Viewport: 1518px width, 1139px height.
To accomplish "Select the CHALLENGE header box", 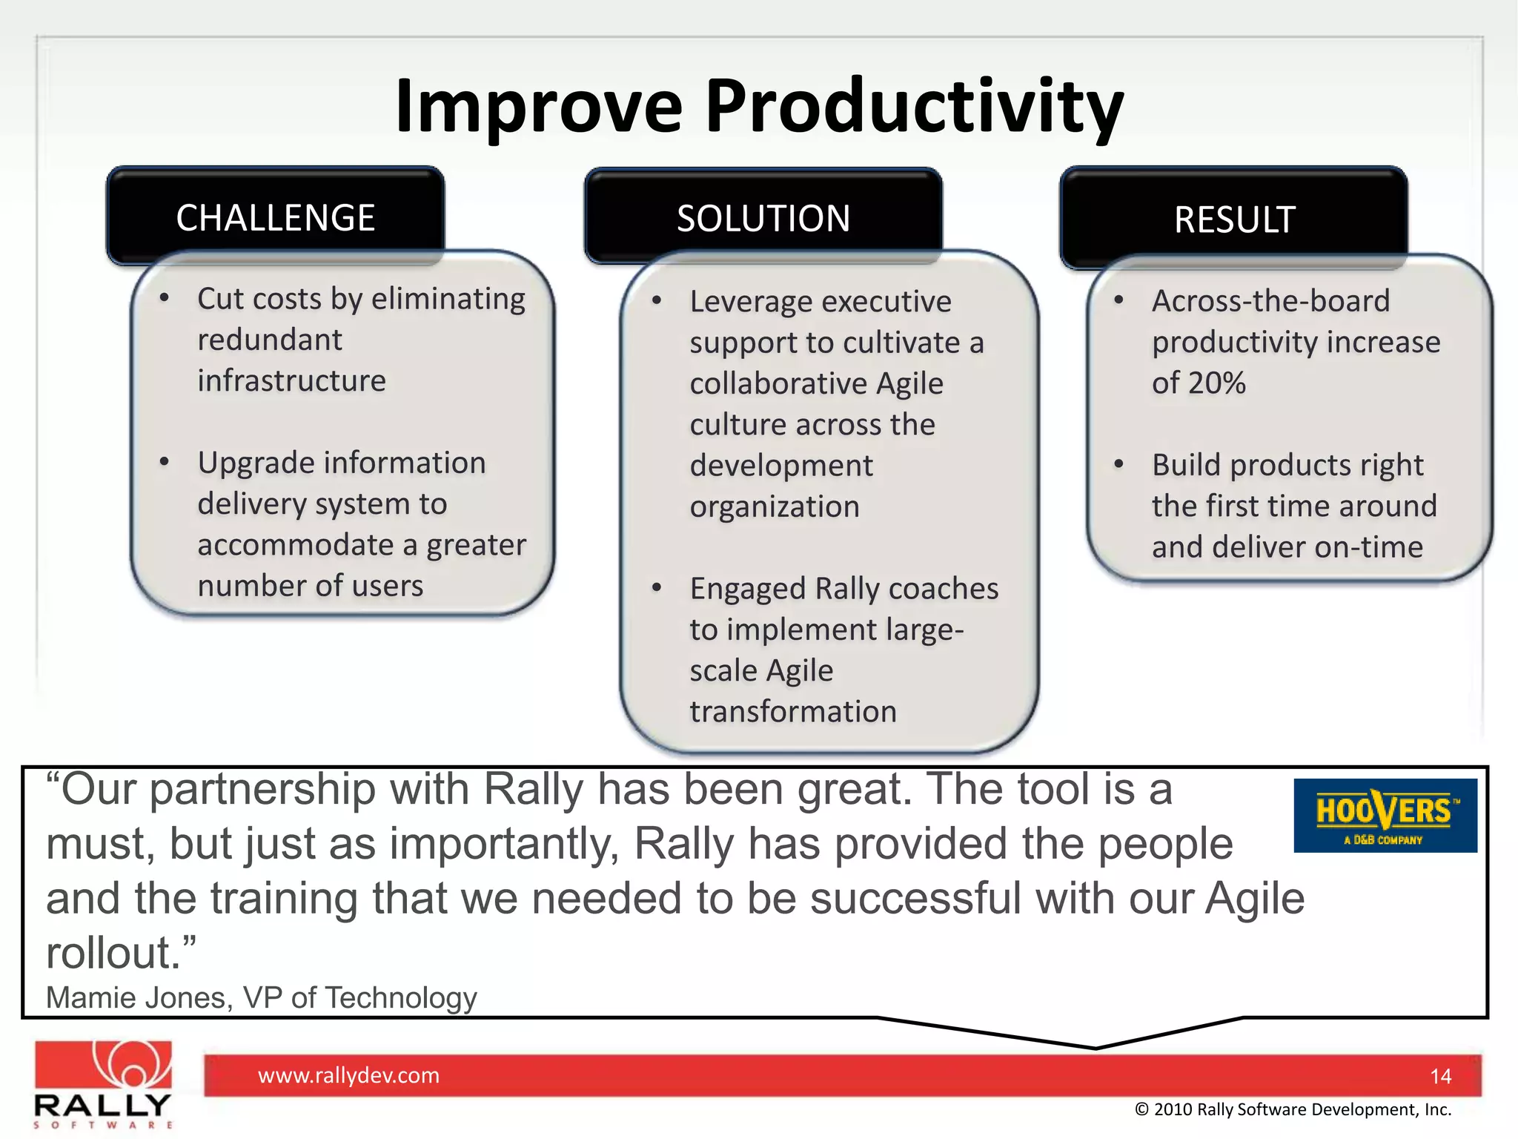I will [275, 217].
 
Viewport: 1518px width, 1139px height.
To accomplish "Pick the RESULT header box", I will [1234, 219].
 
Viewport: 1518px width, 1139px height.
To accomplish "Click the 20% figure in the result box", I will [1217, 383].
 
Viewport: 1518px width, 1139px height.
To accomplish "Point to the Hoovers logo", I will [1385, 815].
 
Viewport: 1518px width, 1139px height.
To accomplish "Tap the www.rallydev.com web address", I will [348, 1075].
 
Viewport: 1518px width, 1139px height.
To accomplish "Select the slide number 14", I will [1440, 1076].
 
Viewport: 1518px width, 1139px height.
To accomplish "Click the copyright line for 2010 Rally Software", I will [1293, 1109].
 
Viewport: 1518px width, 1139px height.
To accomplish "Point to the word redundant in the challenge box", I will [270, 340].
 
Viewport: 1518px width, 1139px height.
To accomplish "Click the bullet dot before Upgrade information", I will [165, 463].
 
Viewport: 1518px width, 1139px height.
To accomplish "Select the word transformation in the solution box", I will [793, 712].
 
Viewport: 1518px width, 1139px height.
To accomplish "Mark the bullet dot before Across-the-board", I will [1119, 300].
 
